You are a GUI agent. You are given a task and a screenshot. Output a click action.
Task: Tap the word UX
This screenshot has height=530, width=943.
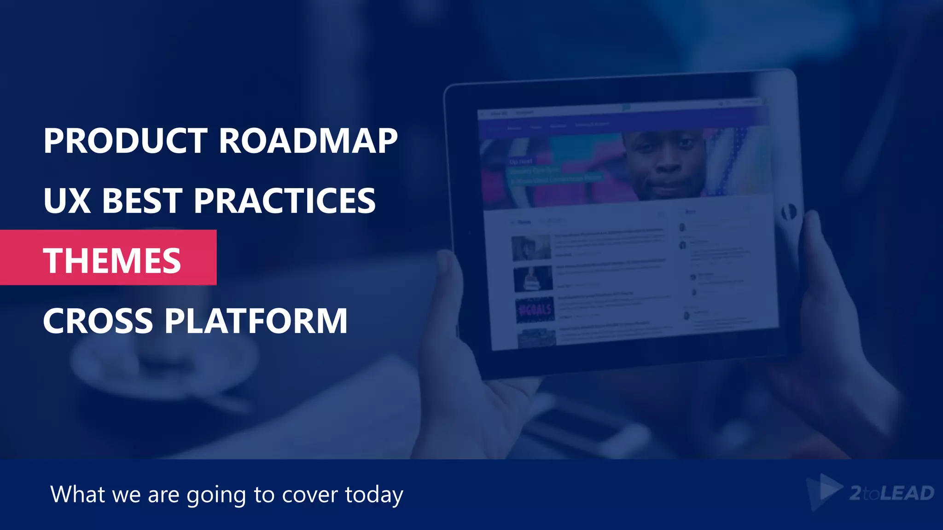click(67, 201)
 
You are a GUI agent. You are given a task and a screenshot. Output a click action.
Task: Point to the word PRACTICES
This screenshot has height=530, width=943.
click(285, 201)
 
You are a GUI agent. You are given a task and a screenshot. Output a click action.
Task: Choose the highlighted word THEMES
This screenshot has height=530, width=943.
click(112, 261)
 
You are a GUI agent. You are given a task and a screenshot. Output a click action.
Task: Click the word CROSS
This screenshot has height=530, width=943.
click(98, 321)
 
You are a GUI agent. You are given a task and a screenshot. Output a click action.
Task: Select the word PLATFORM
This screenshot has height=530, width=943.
click(256, 321)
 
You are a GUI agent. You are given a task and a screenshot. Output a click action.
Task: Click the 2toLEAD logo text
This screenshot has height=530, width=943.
click(891, 493)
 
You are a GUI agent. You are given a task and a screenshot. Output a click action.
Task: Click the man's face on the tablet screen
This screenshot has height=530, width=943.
click(665, 161)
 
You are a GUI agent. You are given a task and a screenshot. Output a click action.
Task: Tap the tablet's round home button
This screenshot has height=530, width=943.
click(788, 212)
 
